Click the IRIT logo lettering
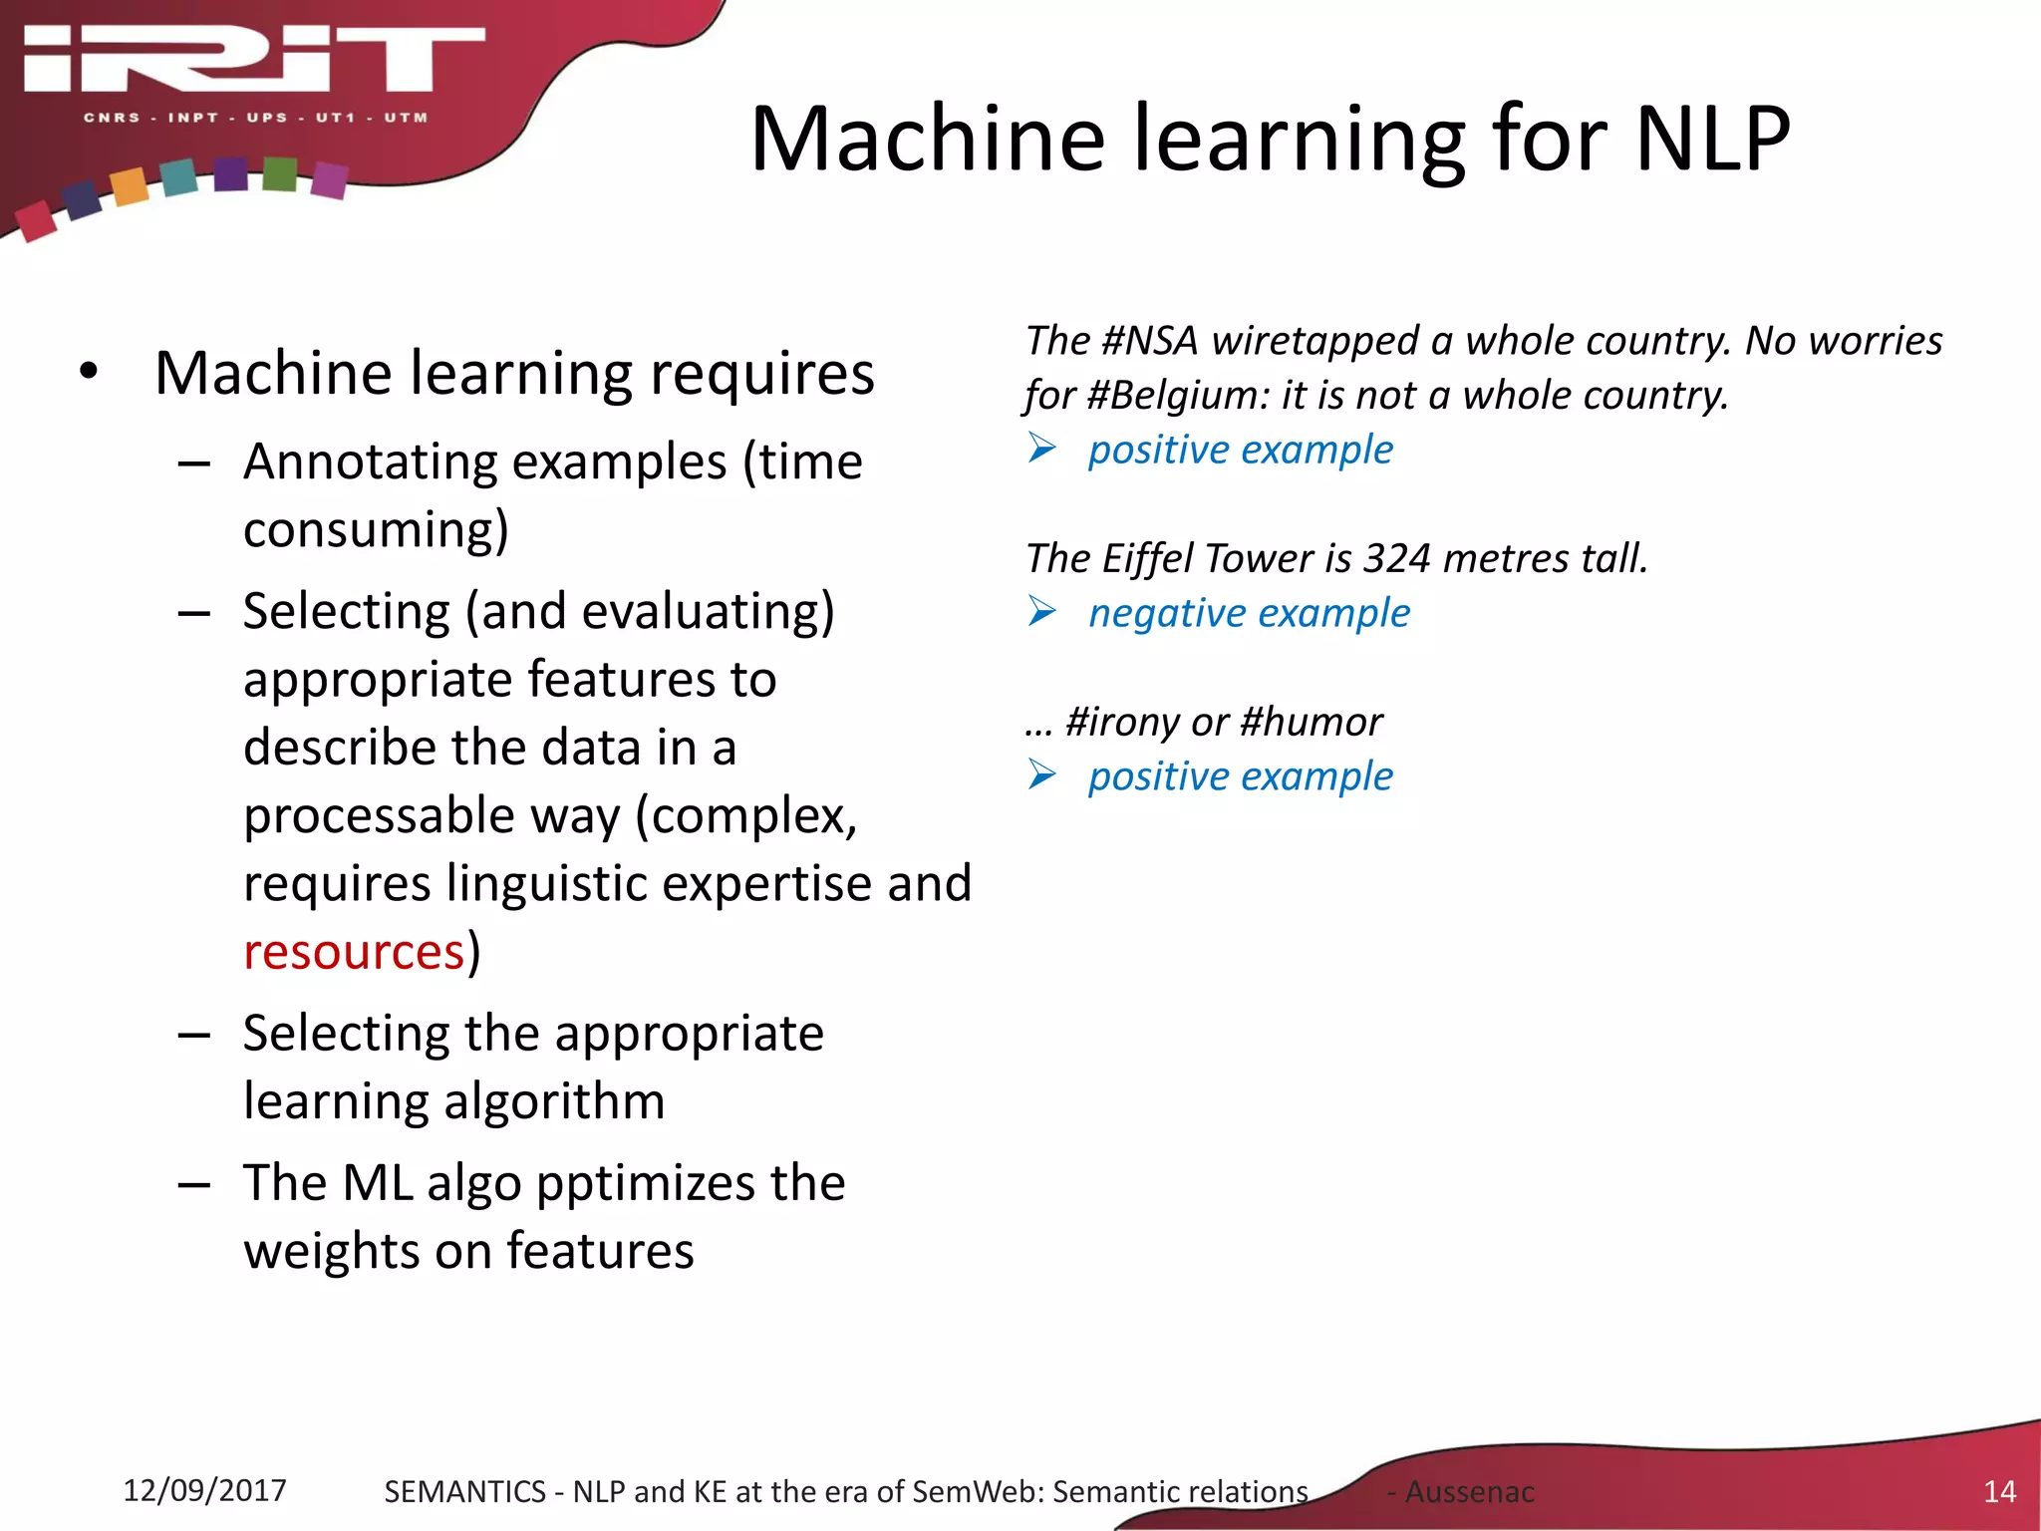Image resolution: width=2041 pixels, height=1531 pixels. (254, 60)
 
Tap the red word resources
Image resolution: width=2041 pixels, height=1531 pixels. (354, 952)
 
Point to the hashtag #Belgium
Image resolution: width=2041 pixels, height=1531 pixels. (1177, 396)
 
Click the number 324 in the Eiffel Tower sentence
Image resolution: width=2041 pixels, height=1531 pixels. (1397, 558)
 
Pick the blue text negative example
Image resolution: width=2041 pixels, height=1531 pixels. (1249, 613)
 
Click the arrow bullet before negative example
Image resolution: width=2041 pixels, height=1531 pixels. (1042, 612)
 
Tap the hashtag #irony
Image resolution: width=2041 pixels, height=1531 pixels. (1122, 722)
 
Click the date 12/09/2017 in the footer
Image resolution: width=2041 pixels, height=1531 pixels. (204, 1490)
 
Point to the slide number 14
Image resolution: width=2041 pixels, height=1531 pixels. (1999, 1491)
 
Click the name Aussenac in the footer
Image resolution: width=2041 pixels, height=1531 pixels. (1469, 1492)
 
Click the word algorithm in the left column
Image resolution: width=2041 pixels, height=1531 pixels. (554, 1102)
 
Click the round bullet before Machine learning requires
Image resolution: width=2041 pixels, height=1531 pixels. (90, 372)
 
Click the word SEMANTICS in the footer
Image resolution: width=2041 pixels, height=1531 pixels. (464, 1492)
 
